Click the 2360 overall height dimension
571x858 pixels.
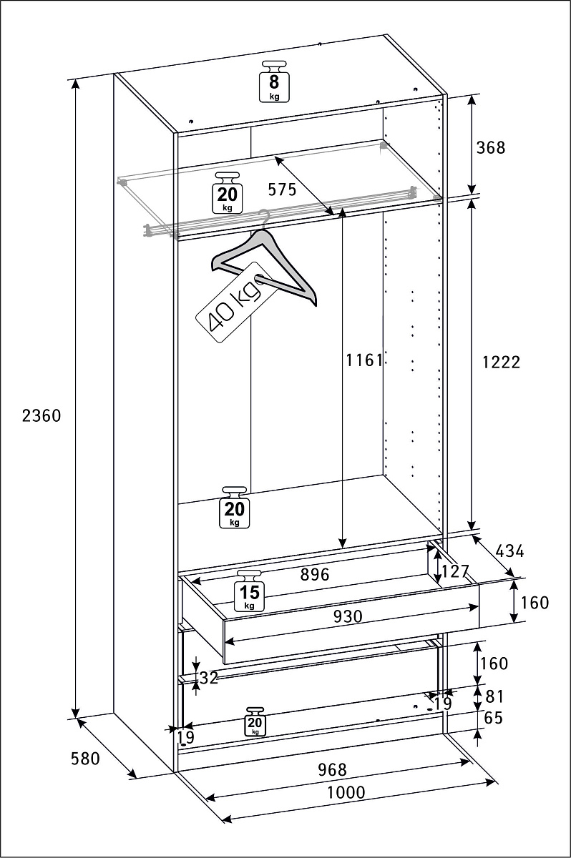point(42,415)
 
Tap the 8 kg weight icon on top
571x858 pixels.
point(274,82)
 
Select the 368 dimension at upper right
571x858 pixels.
point(490,148)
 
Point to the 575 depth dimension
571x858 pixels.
point(282,189)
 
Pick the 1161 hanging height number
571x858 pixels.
point(365,360)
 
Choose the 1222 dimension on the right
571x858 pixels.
point(501,363)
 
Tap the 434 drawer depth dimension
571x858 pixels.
point(509,551)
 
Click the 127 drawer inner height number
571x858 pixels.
point(455,572)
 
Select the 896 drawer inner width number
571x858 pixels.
point(314,574)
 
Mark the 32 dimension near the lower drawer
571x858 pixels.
point(209,678)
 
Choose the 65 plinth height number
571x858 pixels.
point(494,719)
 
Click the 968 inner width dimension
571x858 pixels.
point(331,770)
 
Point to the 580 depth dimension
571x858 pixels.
point(86,759)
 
